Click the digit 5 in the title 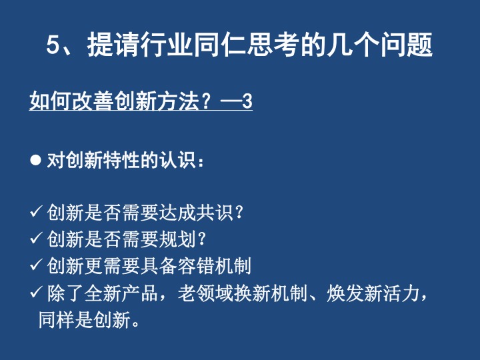pyautogui.click(x=53, y=45)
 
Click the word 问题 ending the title pyautogui.click(x=407, y=45)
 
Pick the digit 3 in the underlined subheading pyautogui.click(x=247, y=101)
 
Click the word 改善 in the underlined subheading pyautogui.click(x=93, y=101)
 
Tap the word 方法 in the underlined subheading pyautogui.click(x=178, y=101)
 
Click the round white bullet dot pyautogui.click(x=35, y=160)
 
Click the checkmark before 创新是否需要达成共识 pyautogui.click(x=36, y=211)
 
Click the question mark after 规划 pyautogui.click(x=201, y=239)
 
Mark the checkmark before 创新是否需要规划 pyautogui.click(x=36, y=238)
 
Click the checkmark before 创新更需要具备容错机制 pyautogui.click(x=36, y=265)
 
